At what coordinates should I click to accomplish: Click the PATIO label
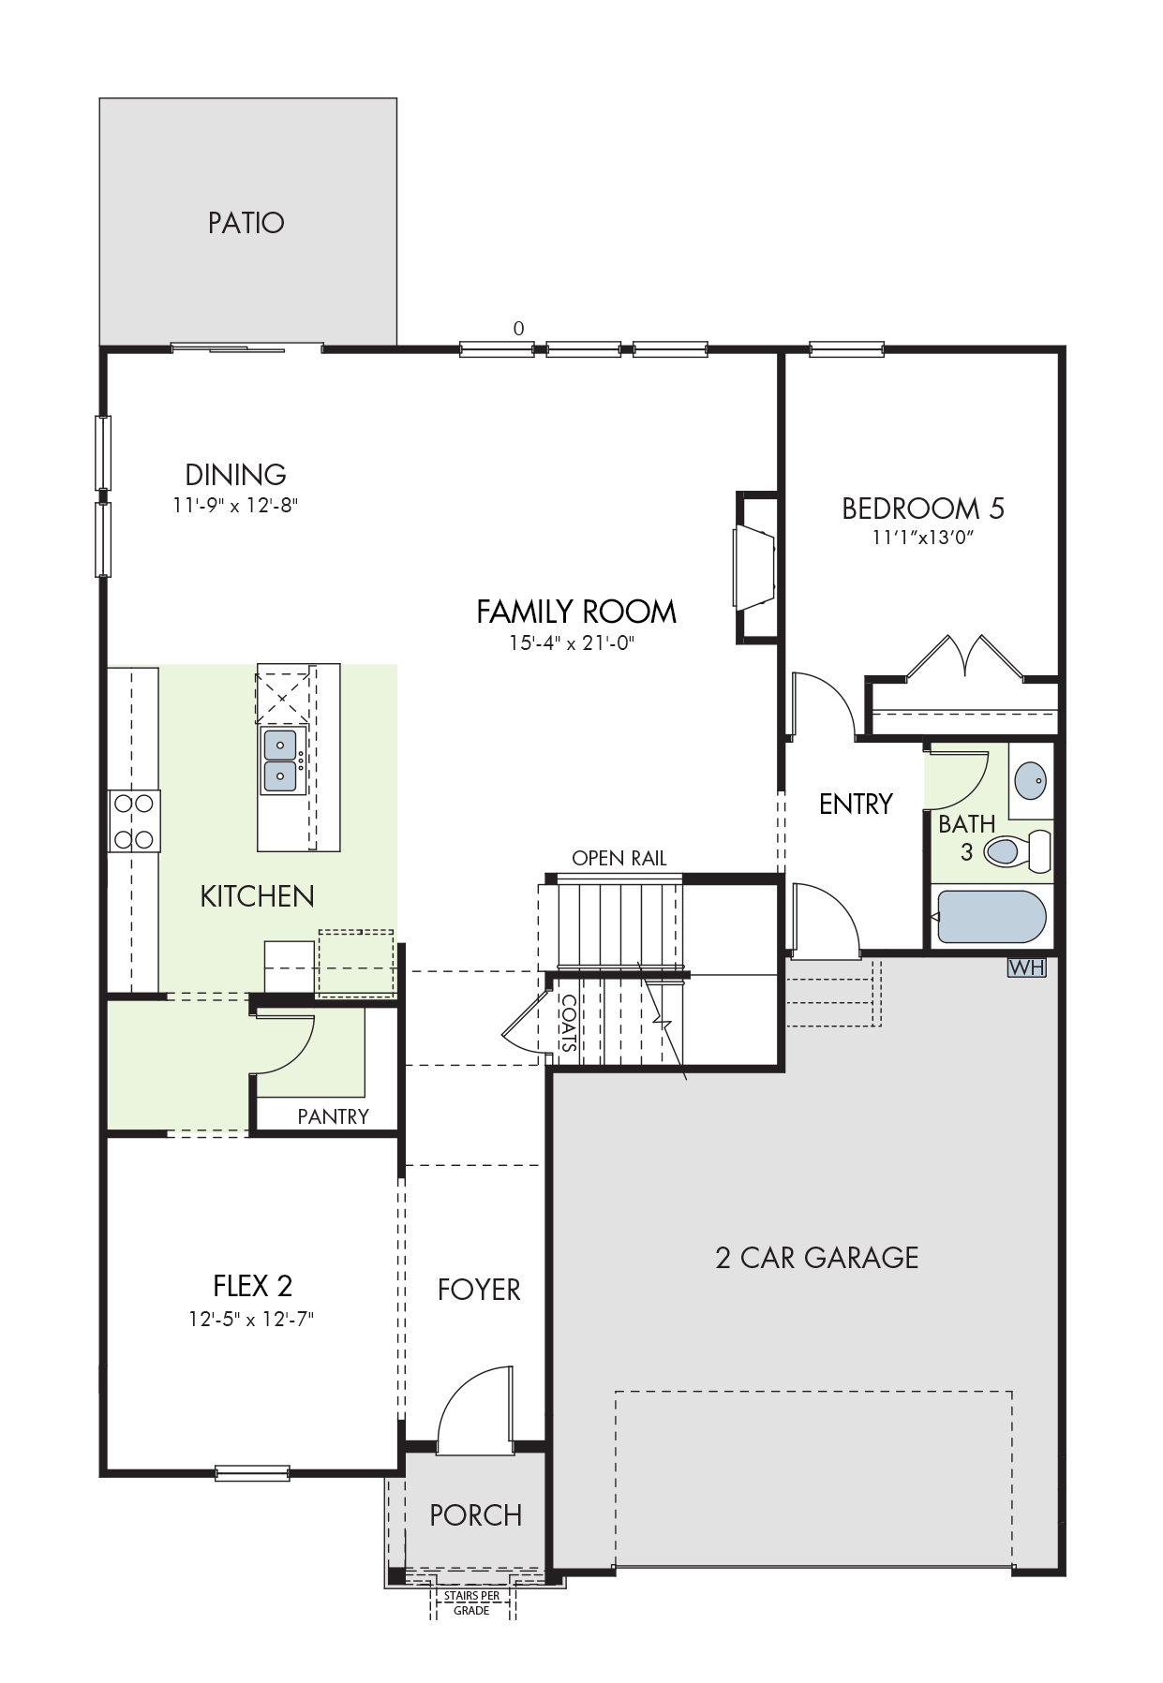point(246,223)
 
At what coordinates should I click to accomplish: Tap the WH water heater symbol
point(1026,967)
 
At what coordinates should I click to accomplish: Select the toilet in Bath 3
point(1017,851)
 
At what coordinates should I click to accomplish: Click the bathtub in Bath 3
point(992,917)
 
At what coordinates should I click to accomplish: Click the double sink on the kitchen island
point(281,760)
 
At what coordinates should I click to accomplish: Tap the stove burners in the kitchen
point(134,821)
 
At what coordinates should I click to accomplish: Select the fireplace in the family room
point(755,568)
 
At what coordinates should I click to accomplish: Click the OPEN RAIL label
point(619,858)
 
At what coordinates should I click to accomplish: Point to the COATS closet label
point(569,1023)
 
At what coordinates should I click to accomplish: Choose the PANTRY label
point(334,1116)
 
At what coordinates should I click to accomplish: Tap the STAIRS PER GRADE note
point(471,1603)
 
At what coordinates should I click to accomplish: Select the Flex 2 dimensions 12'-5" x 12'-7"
point(251,1319)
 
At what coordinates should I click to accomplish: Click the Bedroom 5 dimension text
point(923,538)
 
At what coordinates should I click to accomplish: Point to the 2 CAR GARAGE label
point(817,1257)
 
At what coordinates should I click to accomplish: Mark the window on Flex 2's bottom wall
point(252,1473)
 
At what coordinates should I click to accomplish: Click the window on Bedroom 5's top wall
point(846,349)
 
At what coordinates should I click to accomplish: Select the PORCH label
point(476,1515)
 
